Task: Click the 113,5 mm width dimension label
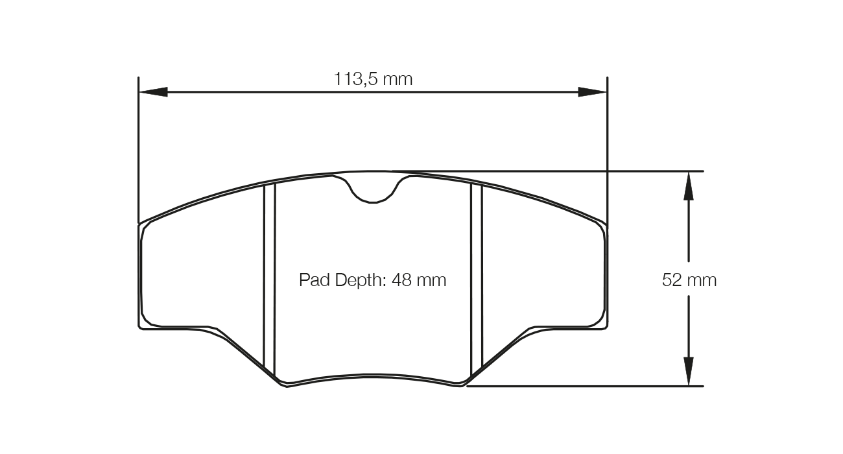[x=373, y=79]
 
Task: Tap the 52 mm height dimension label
[x=689, y=280]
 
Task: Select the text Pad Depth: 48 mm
[x=373, y=280]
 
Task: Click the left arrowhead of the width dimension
[x=153, y=92]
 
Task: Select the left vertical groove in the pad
[x=270, y=279]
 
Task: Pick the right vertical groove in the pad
[x=477, y=279]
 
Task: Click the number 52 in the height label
[x=672, y=280]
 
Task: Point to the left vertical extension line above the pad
[x=139, y=149]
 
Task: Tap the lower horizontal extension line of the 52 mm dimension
[x=584, y=387]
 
